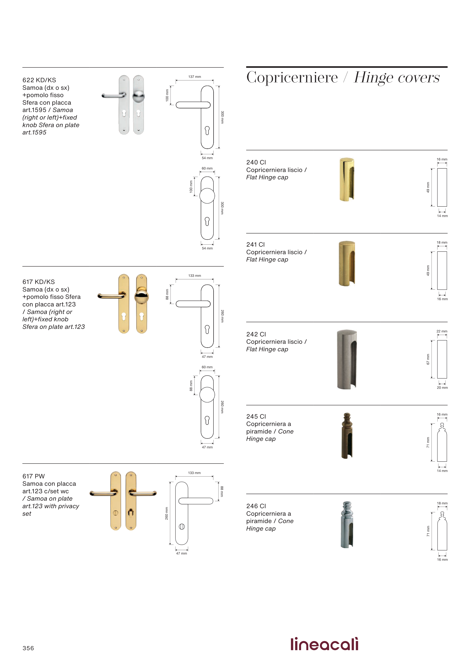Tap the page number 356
pos(28,648)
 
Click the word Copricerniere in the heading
pos(292,77)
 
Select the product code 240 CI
pos(256,162)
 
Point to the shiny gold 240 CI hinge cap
pos(347,179)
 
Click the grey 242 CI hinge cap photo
pos(347,359)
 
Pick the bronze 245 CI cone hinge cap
pos(347,436)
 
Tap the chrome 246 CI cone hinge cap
pos(347,525)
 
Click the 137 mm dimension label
pos(195,77)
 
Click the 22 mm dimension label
pos(442,331)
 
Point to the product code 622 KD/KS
pos(39,80)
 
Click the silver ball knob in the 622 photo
pos(138,96)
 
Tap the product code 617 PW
pos(34,476)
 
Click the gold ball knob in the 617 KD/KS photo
pos(142,297)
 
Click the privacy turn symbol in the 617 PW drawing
pos(182,527)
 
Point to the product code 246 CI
pos(256,506)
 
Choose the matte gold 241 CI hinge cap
pos(347,263)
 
